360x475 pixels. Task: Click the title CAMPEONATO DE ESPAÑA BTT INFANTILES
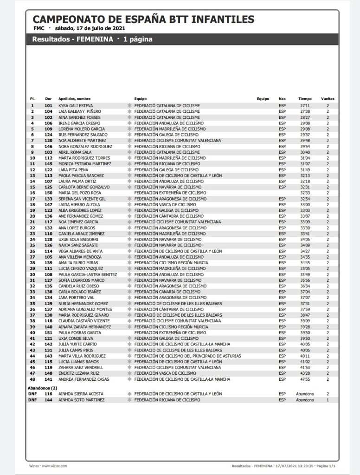(143, 20)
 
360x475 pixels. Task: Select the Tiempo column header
(305, 99)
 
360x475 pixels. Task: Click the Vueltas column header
(327, 99)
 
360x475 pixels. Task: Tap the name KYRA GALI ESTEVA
(76, 106)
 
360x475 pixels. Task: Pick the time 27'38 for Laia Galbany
(305, 111)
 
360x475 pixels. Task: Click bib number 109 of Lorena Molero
(48, 129)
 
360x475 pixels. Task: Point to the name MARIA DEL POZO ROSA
(80, 193)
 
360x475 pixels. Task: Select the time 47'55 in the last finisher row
(305, 379)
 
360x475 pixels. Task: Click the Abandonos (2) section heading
(42, 388)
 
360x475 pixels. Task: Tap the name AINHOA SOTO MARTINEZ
(81, 400)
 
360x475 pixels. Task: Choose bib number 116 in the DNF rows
(48, 394)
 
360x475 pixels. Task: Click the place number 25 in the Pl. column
(32, 245)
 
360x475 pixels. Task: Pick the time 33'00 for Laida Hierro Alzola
(305, 204)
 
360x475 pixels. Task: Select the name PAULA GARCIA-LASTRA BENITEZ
(88, 274)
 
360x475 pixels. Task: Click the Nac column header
(282, 99)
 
